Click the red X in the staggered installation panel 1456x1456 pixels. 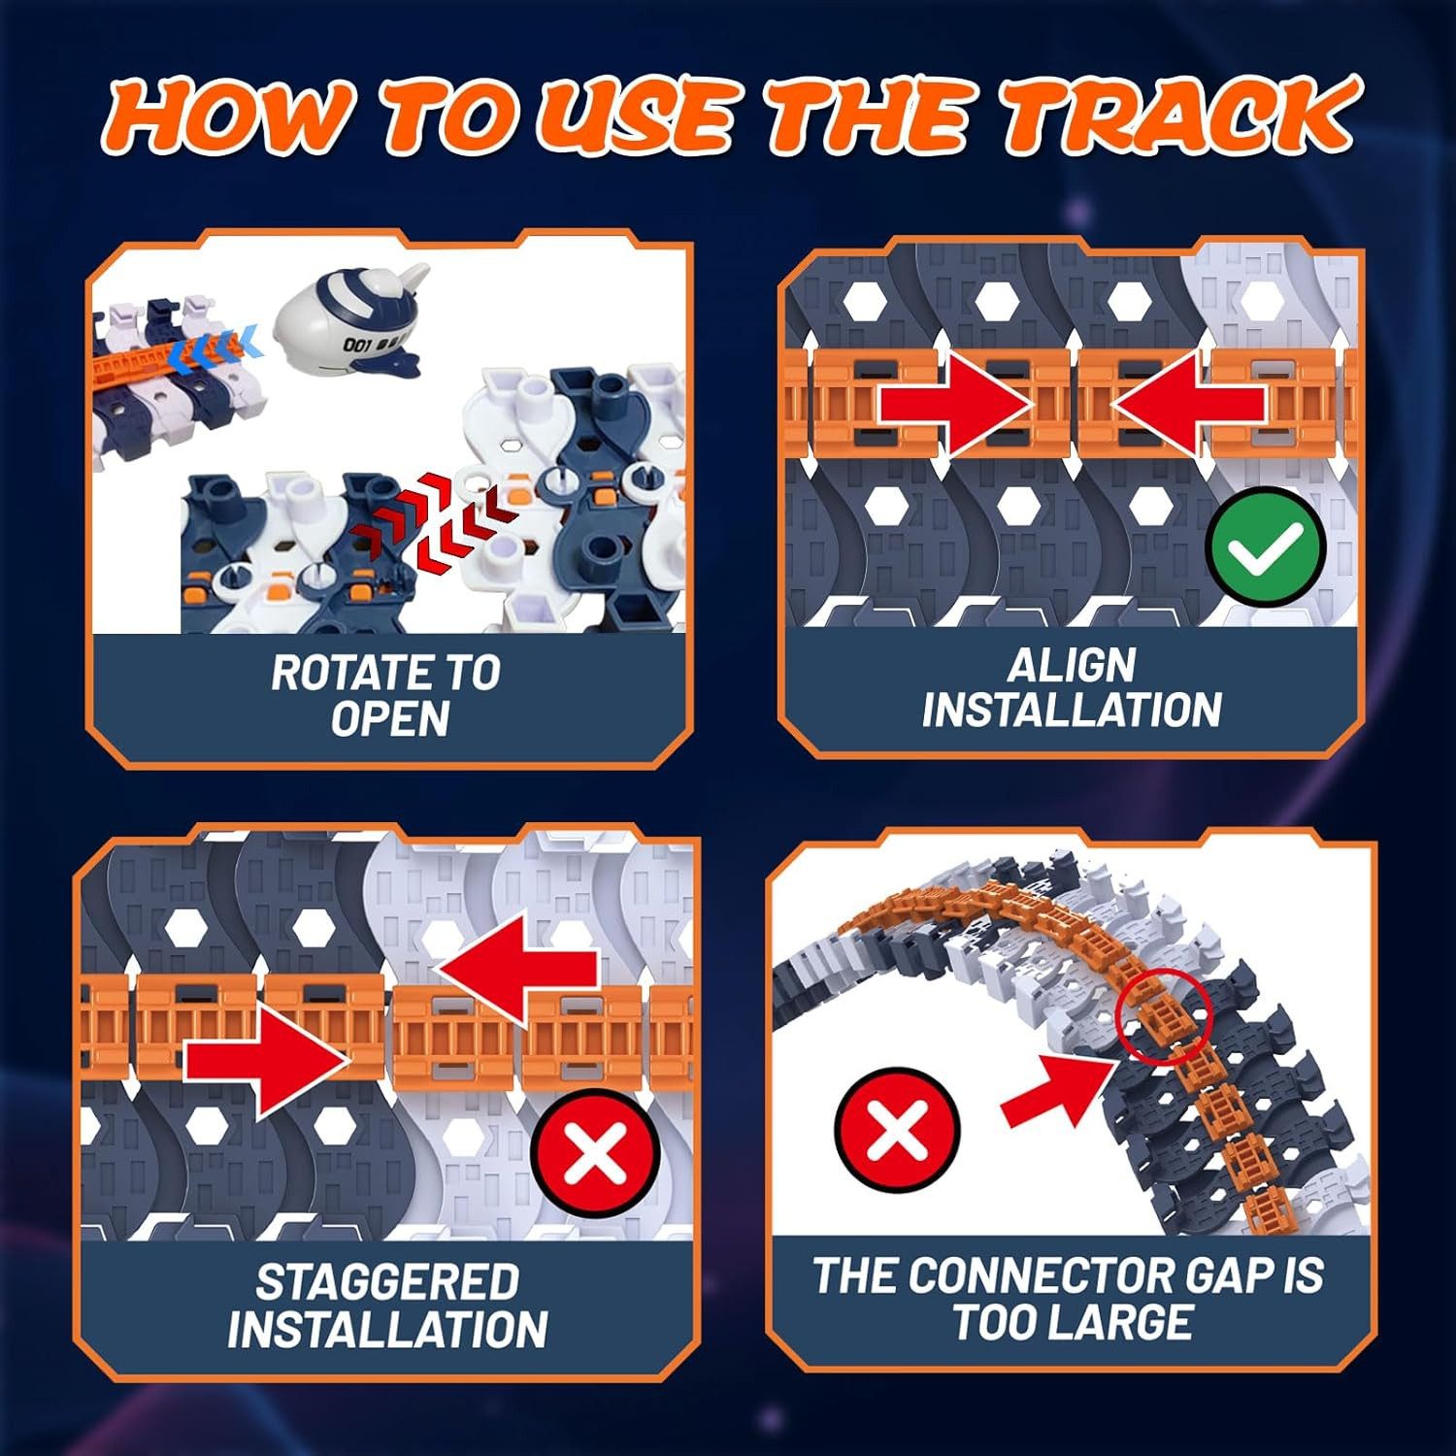(595, 1154)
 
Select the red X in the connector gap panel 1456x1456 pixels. (897, 1130)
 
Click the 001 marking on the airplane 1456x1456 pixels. (357, 345)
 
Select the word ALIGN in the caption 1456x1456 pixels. (1072, 666)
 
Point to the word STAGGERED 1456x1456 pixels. (387, 1282)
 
